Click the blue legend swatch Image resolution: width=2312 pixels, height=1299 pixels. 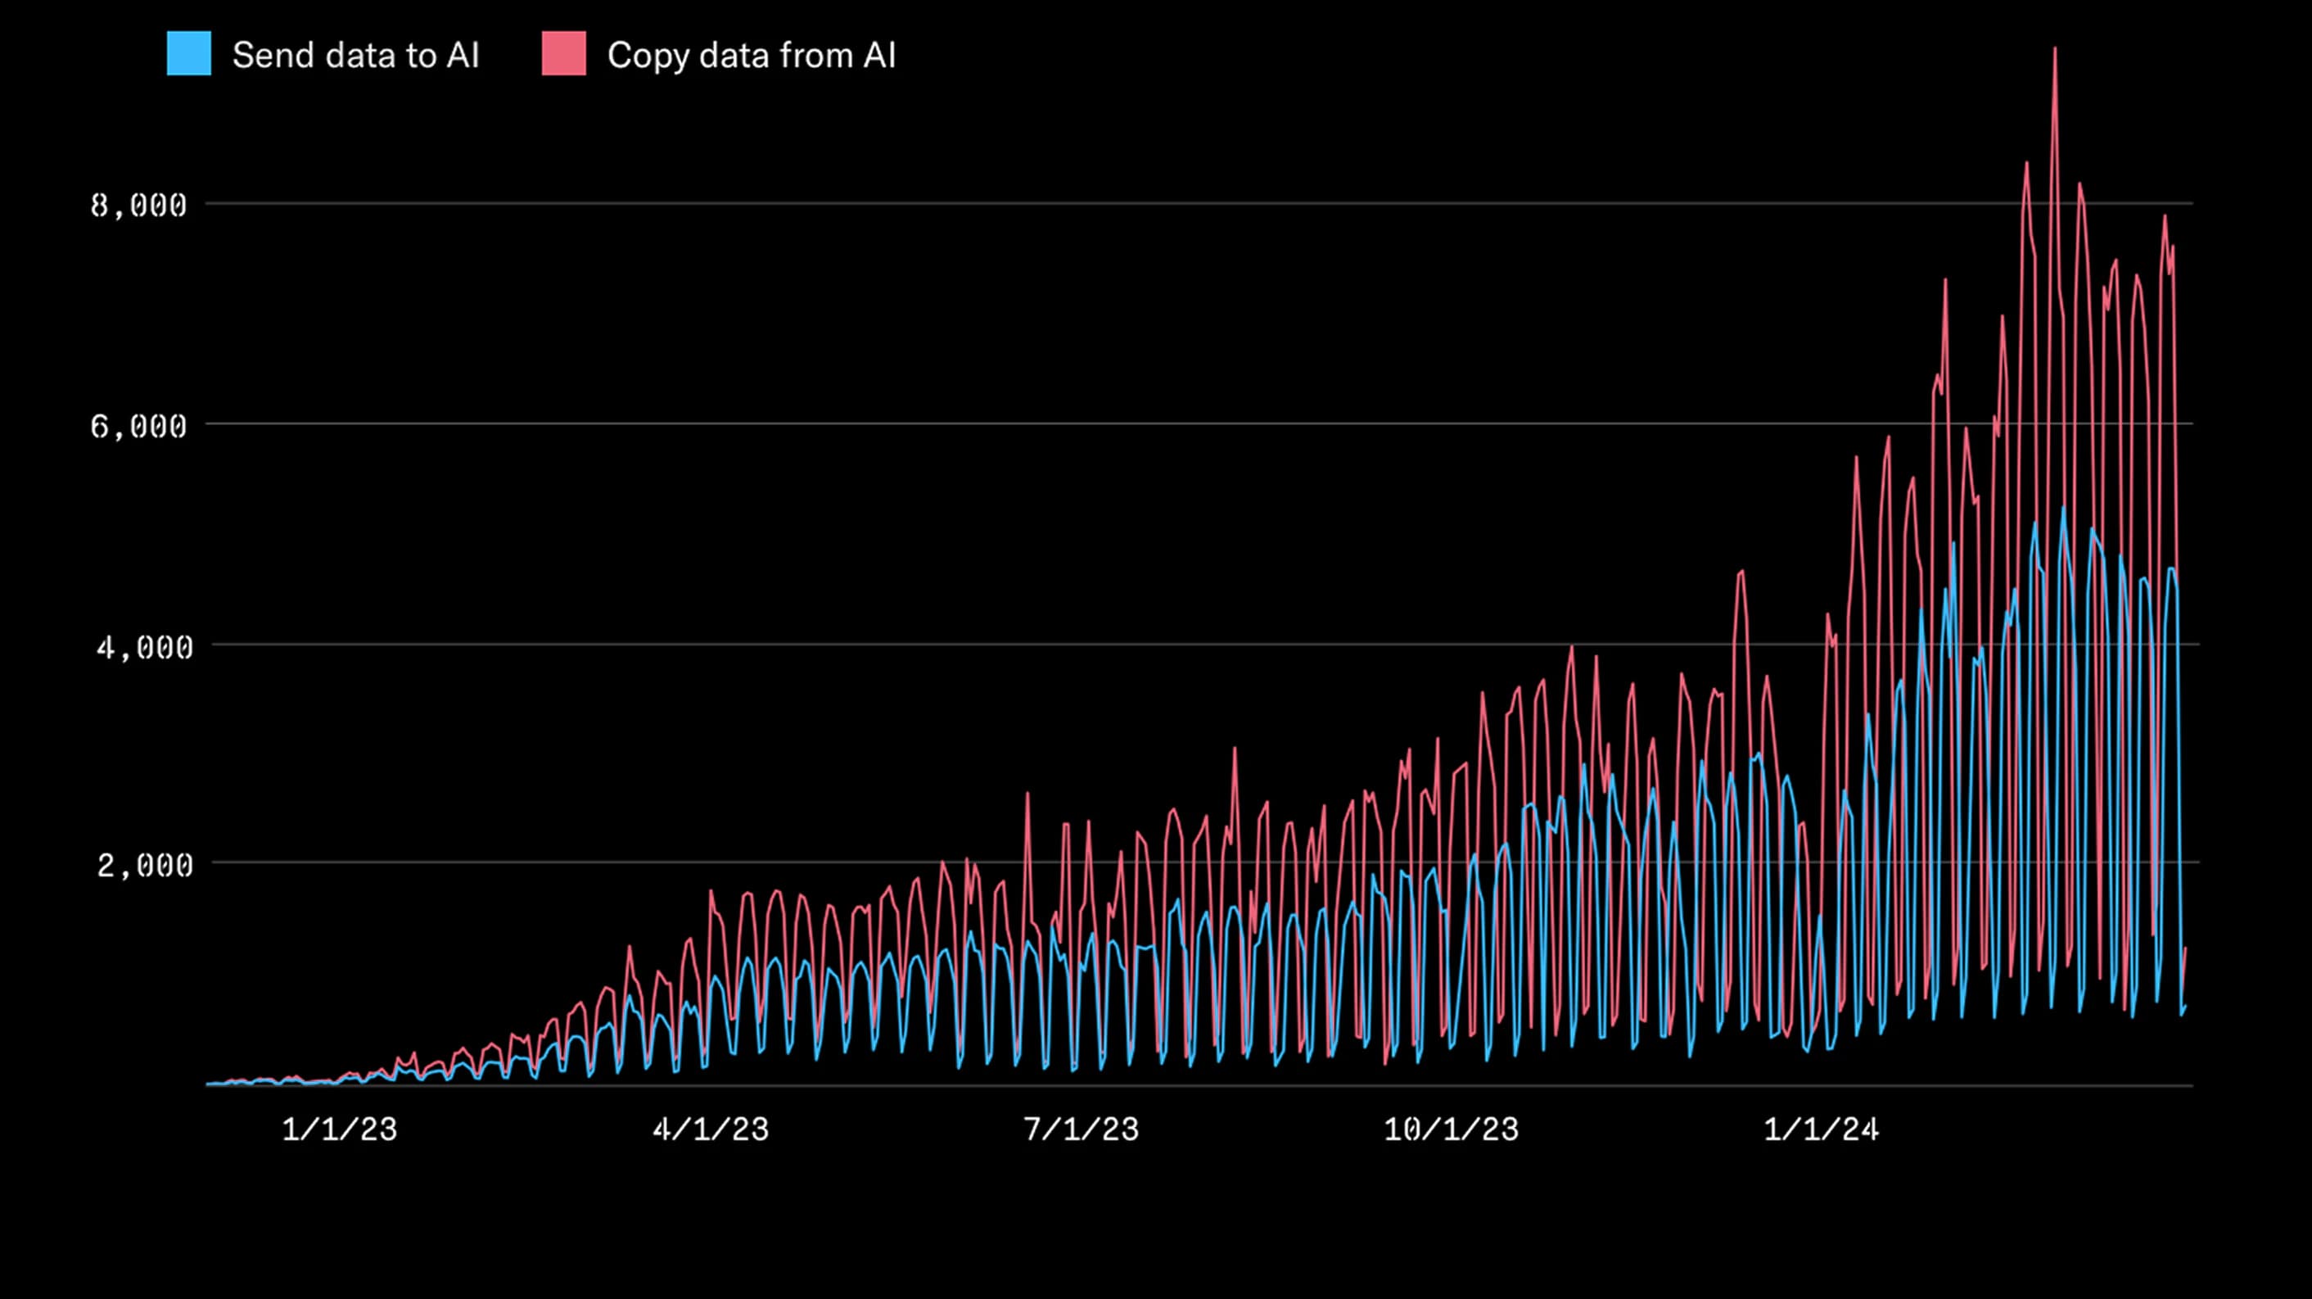[188, 54]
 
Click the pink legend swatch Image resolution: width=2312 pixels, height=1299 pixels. [563, 54]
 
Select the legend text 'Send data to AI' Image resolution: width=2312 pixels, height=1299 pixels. [355, 56]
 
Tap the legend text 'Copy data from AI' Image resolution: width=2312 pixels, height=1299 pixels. [752, 56]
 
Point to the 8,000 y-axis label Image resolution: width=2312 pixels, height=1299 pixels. [138, 206]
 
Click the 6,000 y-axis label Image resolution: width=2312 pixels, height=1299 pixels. [138, 427]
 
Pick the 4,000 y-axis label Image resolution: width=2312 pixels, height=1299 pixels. [143, 647]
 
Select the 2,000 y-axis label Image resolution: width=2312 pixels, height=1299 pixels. [143, 866]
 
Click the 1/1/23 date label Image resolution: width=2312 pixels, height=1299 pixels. [339, 1129]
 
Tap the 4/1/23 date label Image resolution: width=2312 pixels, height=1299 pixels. [710, 1129]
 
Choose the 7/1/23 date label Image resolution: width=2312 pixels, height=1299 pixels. [1081, 1129]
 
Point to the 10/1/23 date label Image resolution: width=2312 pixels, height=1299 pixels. [1451, 1129]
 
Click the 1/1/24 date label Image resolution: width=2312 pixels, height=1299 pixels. [1821, 1129]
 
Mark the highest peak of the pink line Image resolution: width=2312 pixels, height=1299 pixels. [2054, 49]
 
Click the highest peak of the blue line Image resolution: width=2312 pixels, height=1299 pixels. [2063, 509]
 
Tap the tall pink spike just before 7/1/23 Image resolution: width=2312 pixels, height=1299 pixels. [1027, 794]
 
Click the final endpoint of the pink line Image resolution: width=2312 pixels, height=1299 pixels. [2185, 948]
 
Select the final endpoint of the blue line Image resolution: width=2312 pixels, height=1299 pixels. [2185, 1007]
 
